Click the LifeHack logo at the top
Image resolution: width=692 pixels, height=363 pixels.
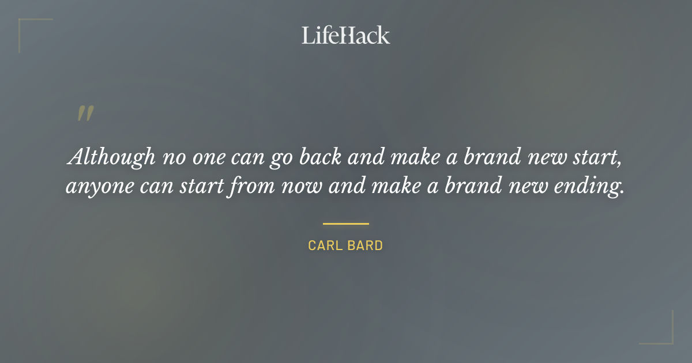click(345, 35)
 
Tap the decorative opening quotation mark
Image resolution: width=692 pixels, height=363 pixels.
click(85, 114)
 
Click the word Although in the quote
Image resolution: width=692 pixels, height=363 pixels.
click(111, 157)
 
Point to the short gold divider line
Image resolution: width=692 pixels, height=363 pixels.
click(345, 224)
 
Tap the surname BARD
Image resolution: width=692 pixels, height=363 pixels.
click(366, 245)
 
